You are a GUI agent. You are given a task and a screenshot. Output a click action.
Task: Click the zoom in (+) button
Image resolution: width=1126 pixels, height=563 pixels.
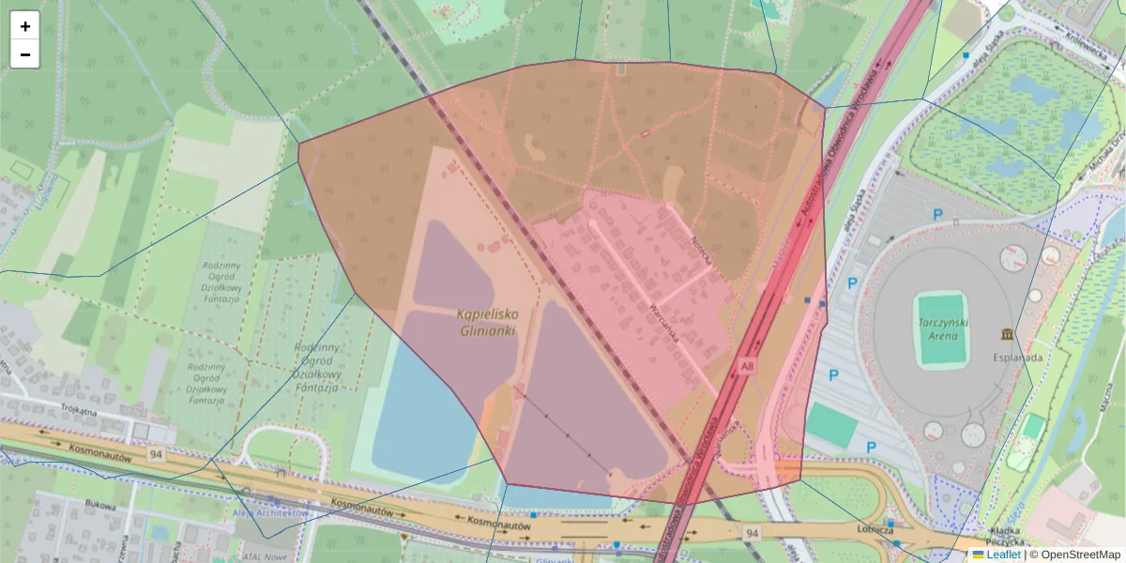pyautogui.click(x=25, y=26)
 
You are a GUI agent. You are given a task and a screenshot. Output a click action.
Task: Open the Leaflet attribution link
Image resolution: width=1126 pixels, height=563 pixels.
pyautogui.click(x=1003, y=555)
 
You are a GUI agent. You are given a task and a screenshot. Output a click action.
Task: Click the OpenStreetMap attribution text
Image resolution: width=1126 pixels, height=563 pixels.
pyautogui.click(x=1080, y=555)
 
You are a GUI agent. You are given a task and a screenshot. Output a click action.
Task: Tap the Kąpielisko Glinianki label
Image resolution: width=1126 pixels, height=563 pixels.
pyautogui.click(x=488, y=323)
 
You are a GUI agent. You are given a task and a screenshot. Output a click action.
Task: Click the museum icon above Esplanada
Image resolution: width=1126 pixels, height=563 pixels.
pyautogui.click(x=1007, y=335)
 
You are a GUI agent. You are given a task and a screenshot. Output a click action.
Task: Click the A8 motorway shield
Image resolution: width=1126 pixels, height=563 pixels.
pyautogui.click(x=747, y=366)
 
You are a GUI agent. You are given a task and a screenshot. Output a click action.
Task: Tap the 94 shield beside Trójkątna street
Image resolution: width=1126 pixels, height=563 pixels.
pyautogui.click(x=156, y=454)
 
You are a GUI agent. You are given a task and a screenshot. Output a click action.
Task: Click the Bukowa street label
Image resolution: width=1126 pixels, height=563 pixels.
pyautogui.click(x=99, y=505)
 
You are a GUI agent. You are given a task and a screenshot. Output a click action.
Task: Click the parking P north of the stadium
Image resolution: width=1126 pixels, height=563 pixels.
pyautogui.click(x=937, y=215)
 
